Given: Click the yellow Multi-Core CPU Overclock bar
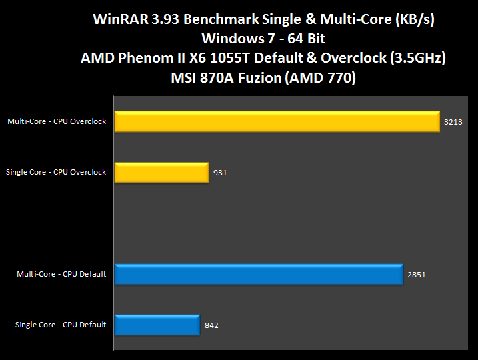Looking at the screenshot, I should click(277, 121).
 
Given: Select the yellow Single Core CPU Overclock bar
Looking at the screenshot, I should click(161, 172).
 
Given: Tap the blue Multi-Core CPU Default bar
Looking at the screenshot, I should click(259, 274).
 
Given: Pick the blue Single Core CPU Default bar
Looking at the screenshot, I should click(157, 325).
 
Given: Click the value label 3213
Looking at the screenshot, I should click(453, 122).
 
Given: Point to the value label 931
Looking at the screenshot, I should click(221, 173).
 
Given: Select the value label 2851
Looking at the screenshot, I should click(416, 275).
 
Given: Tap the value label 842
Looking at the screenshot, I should click(211, 325).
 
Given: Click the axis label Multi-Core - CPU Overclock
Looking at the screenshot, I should click(57, 121).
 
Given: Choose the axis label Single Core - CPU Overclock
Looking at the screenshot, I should click(56, 172).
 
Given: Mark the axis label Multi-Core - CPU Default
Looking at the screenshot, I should click(62, 274).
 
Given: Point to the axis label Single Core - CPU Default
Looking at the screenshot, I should click(61, 325).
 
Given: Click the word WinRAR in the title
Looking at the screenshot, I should click(117, 20).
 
